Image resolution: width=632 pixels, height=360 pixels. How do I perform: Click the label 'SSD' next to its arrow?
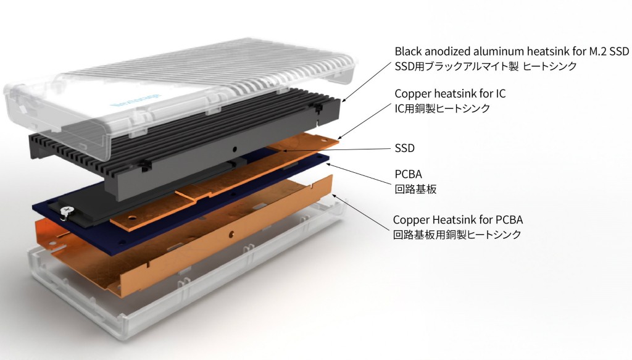[404, 148]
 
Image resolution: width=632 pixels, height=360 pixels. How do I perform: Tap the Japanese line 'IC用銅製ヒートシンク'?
[443, 109]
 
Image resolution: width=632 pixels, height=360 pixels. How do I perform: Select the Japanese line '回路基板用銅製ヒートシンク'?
[457, 235]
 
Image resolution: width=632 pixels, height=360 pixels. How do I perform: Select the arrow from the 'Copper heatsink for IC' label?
[364, 118]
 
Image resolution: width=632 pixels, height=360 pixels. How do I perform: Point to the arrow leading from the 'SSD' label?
[333, 149]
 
